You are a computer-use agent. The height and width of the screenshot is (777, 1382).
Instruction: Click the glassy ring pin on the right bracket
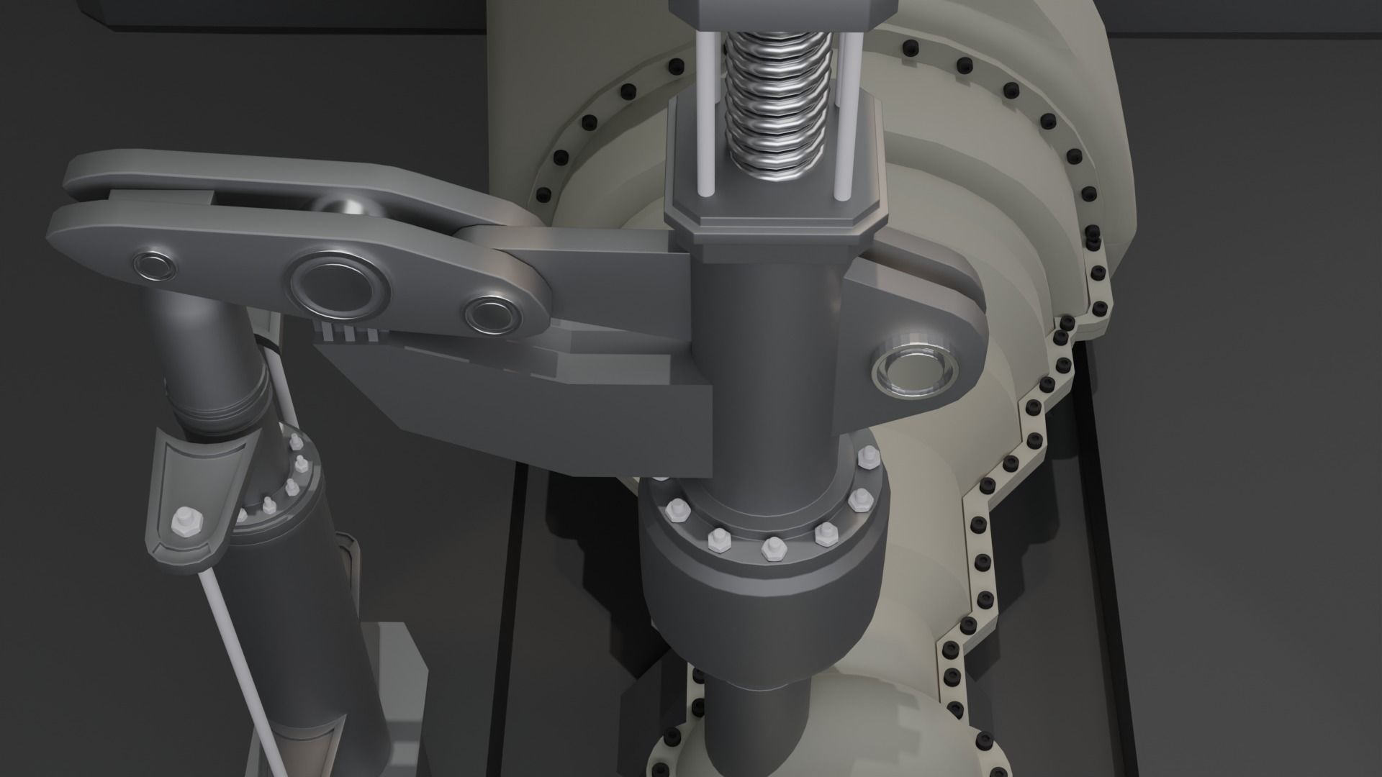click(x=915, y=372)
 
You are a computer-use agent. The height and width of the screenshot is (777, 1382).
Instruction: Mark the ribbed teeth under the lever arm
click(x=349, y=332)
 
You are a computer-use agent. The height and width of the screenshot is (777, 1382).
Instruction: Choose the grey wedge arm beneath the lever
click(x=547, y=403)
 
